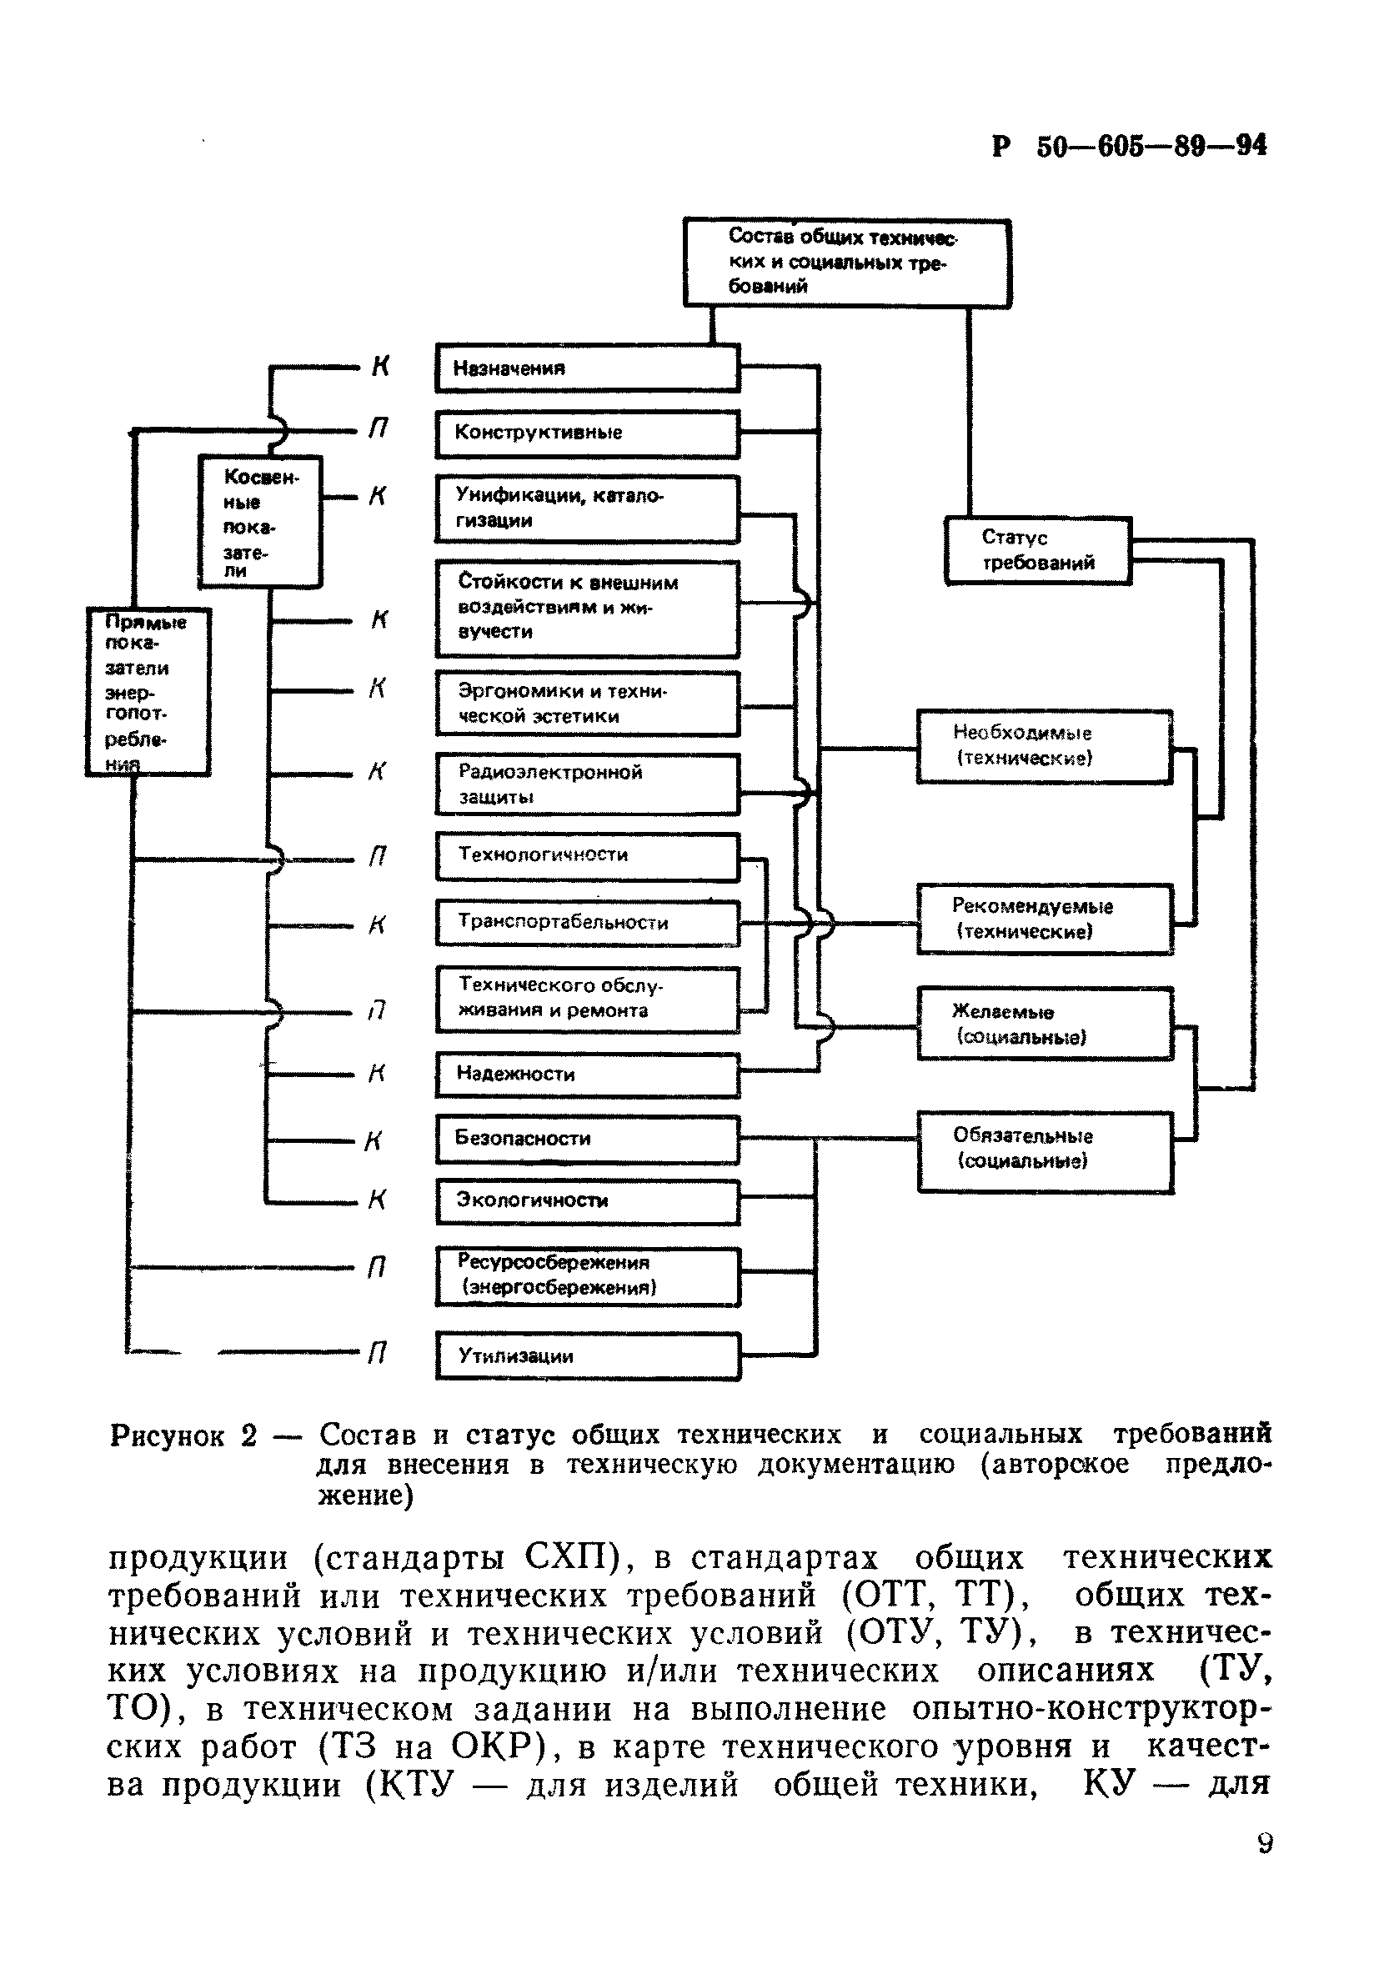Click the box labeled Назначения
(x=587, y=368)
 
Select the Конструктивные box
(x=587, y=433)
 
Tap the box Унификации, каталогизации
(x=587, y=509)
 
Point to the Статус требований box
(x=1038, y=550)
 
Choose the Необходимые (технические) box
(x=1044, y=746)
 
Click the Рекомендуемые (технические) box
(x=1044, y=919)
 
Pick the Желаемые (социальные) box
(x=1044, y=1024)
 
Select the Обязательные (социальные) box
(x=1045, y=1151)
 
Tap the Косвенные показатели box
(x=260, y=521)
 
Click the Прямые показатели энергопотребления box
(x=148, y=691)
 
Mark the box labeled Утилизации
(x=587, y=1355)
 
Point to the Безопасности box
(x=587, y=1139)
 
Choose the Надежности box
(x=587, y=1075)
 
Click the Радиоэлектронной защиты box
(x=587, y=784)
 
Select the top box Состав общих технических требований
(x=845, y=263)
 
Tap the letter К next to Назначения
(x=380, y=367)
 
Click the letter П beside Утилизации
(x=377, y=1352)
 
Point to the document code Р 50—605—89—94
(x=1129, y=147)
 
